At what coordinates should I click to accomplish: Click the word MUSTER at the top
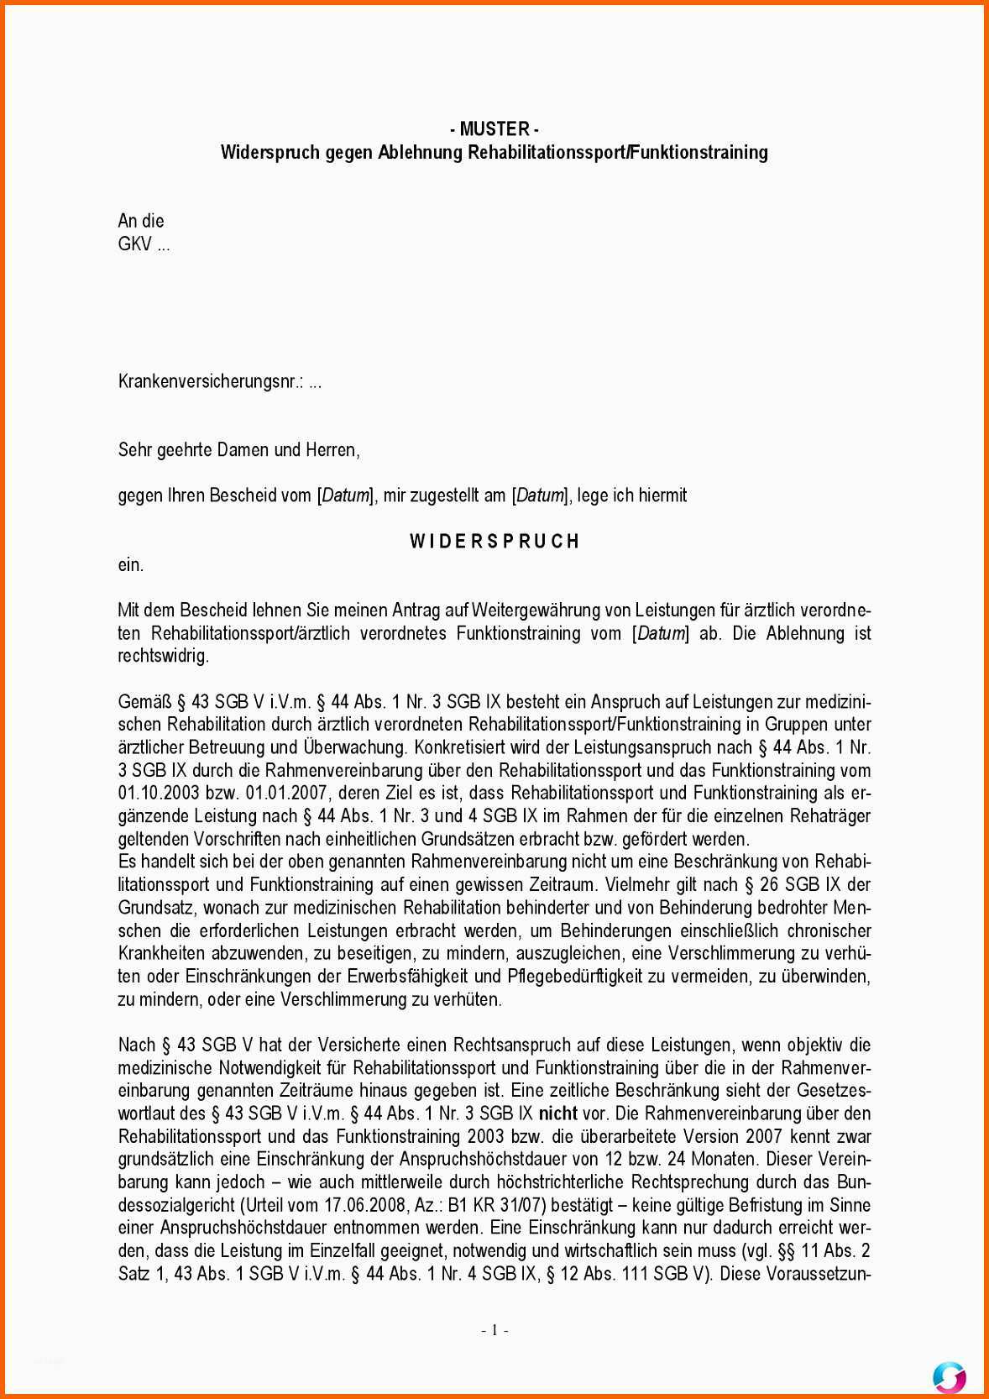(494, 129)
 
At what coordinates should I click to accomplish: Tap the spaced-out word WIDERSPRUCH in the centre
(494, 542)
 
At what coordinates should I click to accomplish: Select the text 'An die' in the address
(141, 221)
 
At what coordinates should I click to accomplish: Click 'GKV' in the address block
(134, 244)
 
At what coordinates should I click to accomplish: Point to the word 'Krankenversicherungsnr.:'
(211, 382)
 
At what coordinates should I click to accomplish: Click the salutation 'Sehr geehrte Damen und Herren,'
(238, 450)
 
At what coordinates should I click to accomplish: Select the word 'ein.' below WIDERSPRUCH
(130, 565)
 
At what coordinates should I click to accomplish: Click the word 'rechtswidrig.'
(163, 656)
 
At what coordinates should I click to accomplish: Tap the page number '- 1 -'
(494, 1329)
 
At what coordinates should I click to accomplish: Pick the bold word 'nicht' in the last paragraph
(557, 1113)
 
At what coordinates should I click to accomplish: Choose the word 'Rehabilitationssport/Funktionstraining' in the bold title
(617, 153)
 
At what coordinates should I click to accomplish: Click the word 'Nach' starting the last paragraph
(136, 1045)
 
